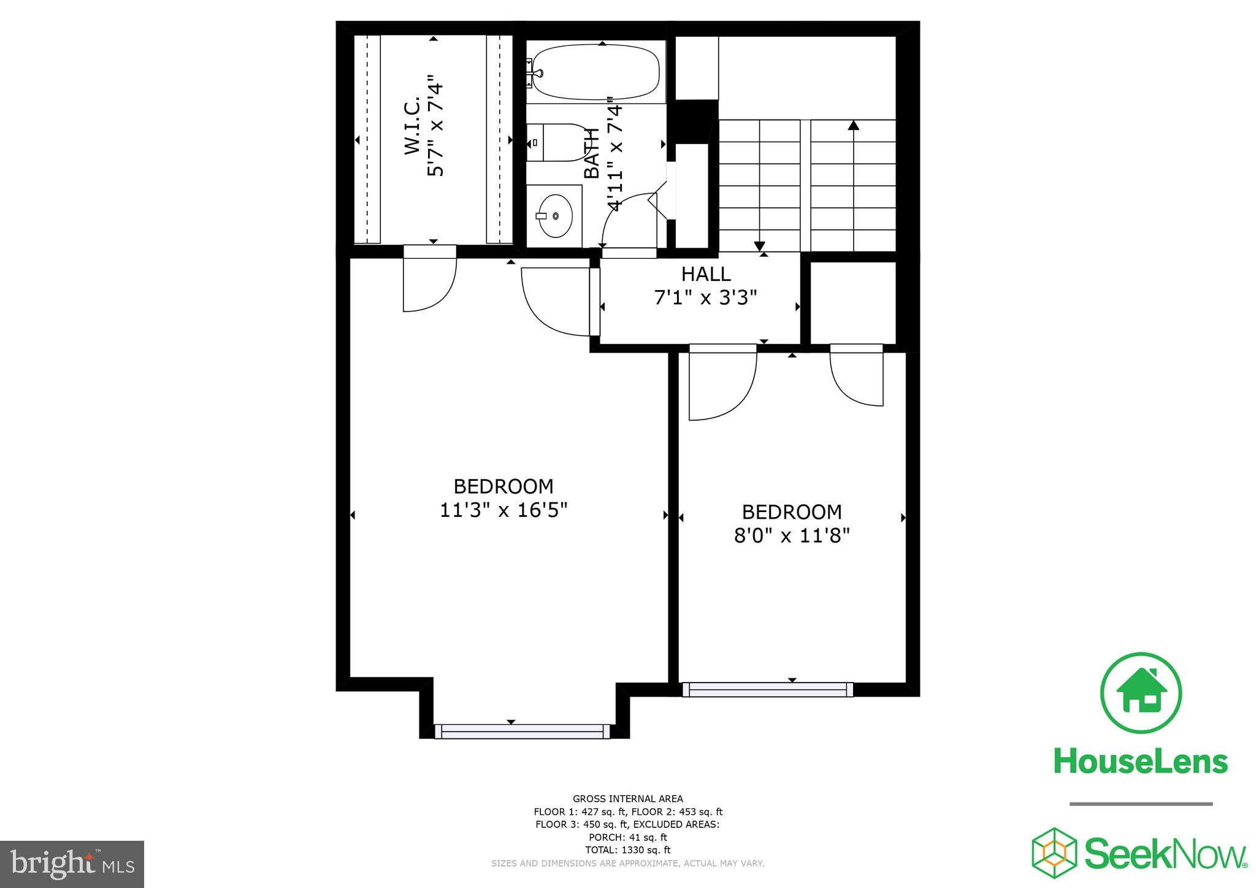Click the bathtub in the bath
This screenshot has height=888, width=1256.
[x=595, y=72]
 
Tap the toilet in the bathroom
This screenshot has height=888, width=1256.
[x=555, y=142]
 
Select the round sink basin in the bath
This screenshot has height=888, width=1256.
[x=556, y=216]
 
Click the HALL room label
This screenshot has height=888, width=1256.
[x=706, y=274]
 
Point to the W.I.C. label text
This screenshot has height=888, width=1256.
[x=412, y=125]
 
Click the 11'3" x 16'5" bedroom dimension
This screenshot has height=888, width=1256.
[x=504, y=510]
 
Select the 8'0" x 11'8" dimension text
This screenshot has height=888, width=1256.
[x=792, y=536]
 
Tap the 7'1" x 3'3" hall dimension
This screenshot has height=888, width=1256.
[x=706, y=298]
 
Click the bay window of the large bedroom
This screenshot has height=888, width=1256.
[x=523, y=731]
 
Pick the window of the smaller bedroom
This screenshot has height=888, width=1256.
[x=768, y=689]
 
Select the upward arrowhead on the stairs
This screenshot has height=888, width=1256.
[x=853, y=126]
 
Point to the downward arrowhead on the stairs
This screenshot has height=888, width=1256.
[x=759, y=245]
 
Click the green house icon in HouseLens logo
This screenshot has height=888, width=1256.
[x=1141, y=693]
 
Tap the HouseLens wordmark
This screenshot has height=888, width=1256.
[x=1141, y=762]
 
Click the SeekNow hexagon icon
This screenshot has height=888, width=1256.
[x=1054, y=853]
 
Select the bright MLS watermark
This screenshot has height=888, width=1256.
[x=72, y=864]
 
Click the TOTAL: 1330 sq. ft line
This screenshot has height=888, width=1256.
[x=627, y=850]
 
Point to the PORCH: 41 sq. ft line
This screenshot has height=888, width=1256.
[x=627, y=837]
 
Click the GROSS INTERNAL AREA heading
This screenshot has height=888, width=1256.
[x=627, y=798]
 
